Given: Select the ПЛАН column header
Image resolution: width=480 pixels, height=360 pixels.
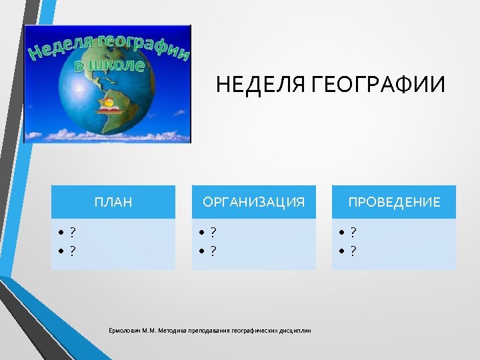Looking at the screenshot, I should pos(113,202).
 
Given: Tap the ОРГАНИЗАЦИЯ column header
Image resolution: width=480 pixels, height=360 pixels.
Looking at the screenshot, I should pos(254,202).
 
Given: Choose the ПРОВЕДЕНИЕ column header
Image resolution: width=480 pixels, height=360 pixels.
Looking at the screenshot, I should pos(395,202).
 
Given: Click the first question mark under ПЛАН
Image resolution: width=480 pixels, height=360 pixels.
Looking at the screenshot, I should pos(72,232).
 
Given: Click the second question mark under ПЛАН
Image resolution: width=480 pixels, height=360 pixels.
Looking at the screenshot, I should pos(72,251).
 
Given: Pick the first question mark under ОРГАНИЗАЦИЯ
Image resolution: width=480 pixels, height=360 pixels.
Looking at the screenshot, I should pos(213,232).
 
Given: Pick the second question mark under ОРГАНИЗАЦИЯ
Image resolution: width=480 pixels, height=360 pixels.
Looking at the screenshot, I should pos(213,251).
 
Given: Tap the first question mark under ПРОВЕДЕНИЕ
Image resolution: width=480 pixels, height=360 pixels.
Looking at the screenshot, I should pos(353,232).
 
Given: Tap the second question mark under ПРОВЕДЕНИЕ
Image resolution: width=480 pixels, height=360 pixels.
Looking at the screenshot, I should pos(353,251).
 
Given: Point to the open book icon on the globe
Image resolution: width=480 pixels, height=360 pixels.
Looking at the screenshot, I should pos(109,107).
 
